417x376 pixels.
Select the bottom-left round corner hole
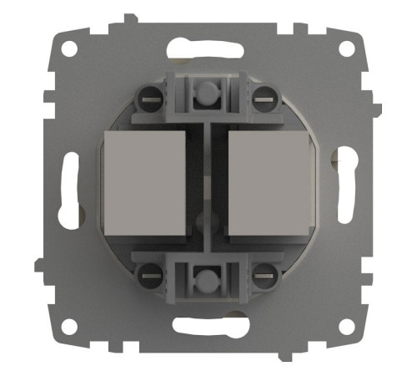tap(68, 325)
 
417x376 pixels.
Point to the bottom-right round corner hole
tap(347, 325)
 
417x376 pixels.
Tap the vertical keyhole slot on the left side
tap(67, 188)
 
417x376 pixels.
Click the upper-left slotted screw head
tap(151, 95)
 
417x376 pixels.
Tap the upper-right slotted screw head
tap(264, 95)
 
